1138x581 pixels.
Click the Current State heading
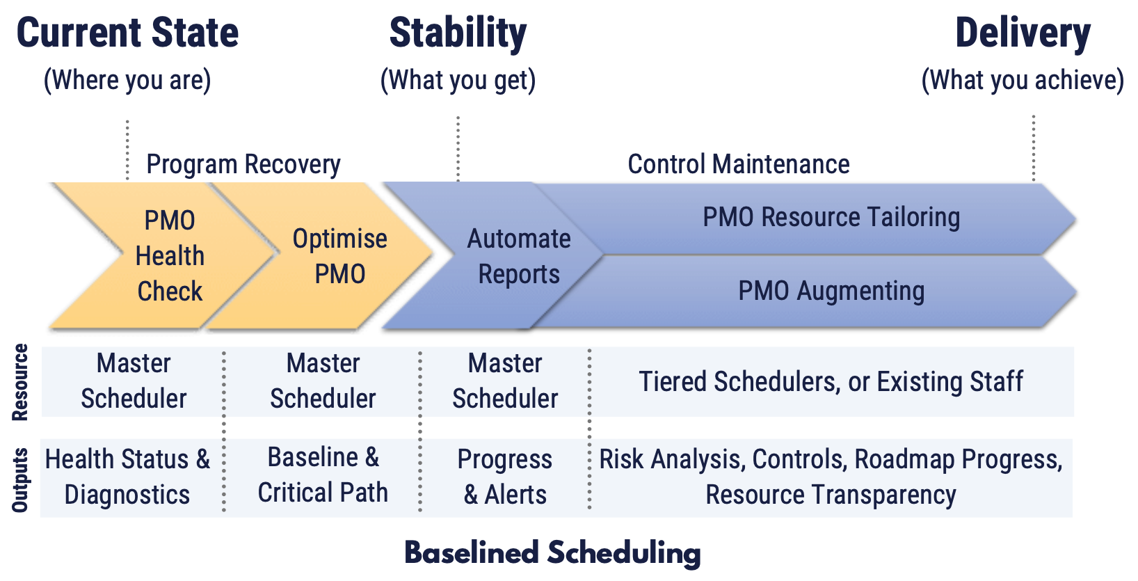tap(127, 33)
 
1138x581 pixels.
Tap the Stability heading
tap(458, 33)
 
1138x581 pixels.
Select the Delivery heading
tap(1023, 33)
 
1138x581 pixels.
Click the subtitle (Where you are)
tap(127, 80)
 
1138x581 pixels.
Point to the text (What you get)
tap(458, 80)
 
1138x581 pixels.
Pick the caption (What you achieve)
tap(1023, 80)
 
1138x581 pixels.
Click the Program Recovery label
tap(243, 165)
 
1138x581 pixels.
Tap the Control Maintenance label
tap(739, 164)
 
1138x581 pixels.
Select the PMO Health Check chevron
tap(168, 255)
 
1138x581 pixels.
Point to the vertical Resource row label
tap(20, 382)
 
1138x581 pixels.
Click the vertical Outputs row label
tap(20, 480)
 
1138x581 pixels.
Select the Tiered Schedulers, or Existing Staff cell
tap(831, 382)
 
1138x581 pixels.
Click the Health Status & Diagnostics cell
tap(127, 477)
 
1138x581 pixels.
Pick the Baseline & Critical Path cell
tap(323, 475)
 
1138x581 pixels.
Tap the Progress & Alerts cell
tap(505, 477)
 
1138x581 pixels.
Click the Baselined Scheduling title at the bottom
tap(553, 553)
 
